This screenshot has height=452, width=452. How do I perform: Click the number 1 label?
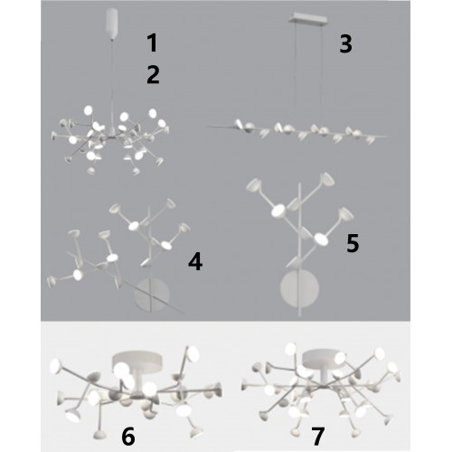pyautogui.click(x=153, y=42)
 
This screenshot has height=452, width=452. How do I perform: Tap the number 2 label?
pyautogui.click(x=153, y=75)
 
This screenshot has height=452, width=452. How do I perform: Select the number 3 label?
pyautogui.click(x=345, y=44)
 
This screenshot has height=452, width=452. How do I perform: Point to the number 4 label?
pyautogui.click(x=195, y=261)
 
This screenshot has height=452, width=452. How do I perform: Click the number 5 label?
pyautogui.click(x=353, y=243)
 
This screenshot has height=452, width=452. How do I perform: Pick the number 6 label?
pyautogui.click(x=128, y=437)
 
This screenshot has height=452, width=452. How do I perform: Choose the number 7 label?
pyautogui.click(x=317, y=436)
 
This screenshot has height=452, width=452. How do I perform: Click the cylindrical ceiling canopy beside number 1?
pyautogui.click(x=112, y=24)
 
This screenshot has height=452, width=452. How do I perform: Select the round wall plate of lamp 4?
pyautogui.click(x=152, y=294)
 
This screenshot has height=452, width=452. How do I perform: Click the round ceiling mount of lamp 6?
pyautogui.click(x=137, y=361)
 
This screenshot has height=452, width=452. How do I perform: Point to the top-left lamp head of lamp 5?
pyautogui.click(x=253, y=184)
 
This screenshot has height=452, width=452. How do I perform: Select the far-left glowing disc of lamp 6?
pyautogui.click(x=55, y=366)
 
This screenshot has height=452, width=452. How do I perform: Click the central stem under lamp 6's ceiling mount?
pyautogui.click(x=138, y=381)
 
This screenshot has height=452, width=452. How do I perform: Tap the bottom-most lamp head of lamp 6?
pyautogui.click(x=99, y=435)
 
